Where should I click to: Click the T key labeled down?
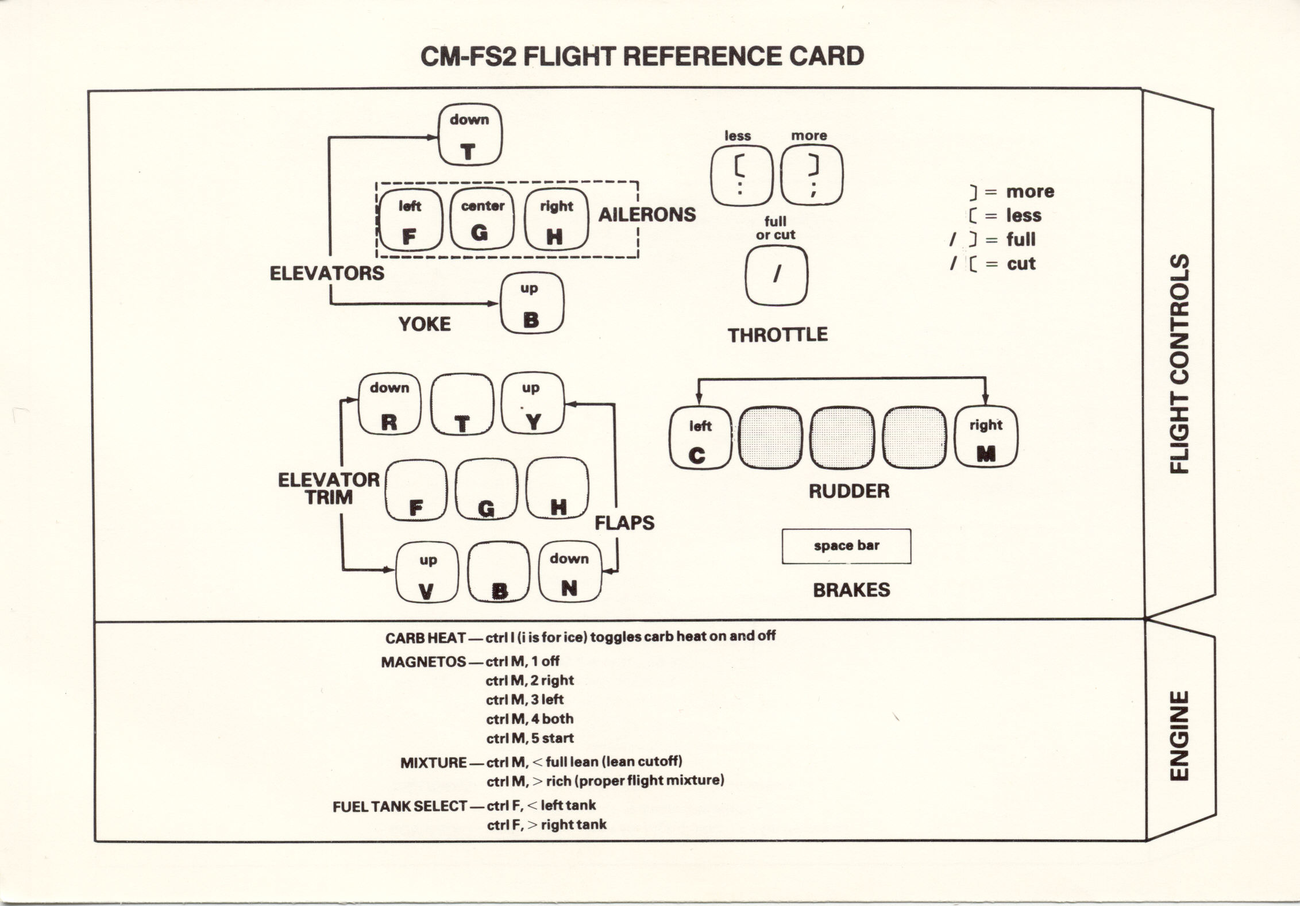(x=470, y=136)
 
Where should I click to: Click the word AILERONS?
(x=647, y=215)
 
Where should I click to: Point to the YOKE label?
(x=425, y=324)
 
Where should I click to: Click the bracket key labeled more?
(x=812, y=175)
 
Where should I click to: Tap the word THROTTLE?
(x=778, y=335)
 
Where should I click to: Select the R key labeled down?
(x=389, y=404)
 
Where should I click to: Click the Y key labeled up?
(x=533, y=404)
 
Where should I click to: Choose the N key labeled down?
(x=569, y=572)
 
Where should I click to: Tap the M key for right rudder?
(x=986, y=437)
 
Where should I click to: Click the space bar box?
(x=846, y=546)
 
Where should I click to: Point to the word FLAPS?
(x=624, y=523)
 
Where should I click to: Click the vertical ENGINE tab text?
(x=1179, y=735)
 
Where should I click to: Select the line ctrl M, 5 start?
(x=530, y=738)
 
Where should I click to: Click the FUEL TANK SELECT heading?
(x=400, y=807)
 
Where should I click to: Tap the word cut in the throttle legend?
(x=1021, y=264)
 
